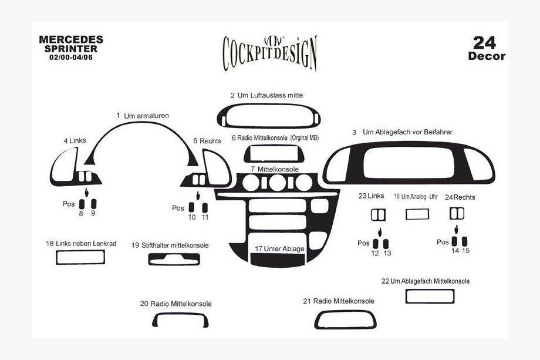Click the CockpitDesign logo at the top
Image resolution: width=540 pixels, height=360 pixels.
[x=269, y=53]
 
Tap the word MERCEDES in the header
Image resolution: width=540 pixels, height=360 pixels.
[x=71, y=39]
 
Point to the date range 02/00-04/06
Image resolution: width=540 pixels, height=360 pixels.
[x=71, y=57]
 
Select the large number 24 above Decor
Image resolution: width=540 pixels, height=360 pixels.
[x=484, y=43]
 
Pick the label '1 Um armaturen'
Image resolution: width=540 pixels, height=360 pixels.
[x=143, y=116]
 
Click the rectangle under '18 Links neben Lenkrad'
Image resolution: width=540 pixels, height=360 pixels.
[x=80, y=264]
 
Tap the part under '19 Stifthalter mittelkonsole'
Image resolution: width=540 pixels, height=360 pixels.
[x=174, y=264]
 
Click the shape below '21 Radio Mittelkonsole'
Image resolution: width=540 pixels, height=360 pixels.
[x=345, y=327]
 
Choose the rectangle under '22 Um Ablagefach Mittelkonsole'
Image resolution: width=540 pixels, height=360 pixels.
[x=430, y=302]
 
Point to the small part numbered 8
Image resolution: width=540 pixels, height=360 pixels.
[x=82, y=204]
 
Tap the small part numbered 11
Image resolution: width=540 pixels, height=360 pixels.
[x=205, y=208]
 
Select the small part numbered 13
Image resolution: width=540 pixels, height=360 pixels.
[x=386, y=244]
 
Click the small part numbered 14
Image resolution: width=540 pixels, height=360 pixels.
[x=454, y=241]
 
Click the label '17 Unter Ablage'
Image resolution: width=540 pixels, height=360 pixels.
[x=279, y=249]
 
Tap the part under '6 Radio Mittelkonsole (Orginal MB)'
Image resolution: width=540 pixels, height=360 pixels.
[x=274, y=161]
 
